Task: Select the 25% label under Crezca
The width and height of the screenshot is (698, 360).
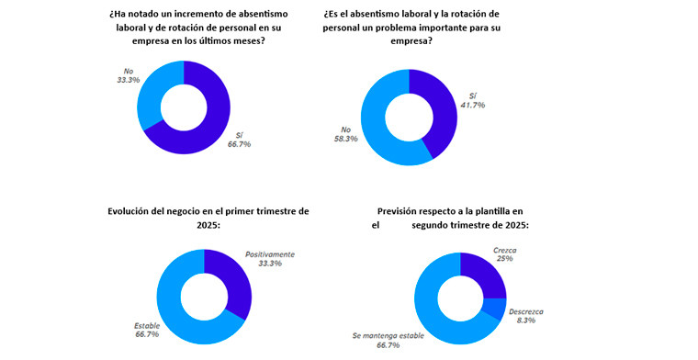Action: (x=503, y=259)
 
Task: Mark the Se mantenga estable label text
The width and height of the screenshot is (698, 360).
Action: (x=388, y=336)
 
